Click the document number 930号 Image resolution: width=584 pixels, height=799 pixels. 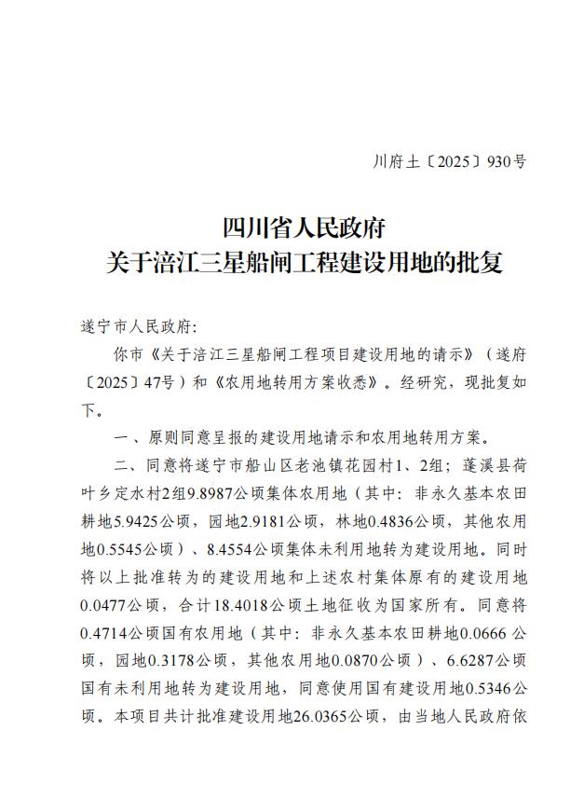(x=508, y=161)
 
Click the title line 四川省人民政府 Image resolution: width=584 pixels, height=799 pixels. (x=304, y=227)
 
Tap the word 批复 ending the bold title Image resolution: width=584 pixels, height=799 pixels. (x=480, y=262)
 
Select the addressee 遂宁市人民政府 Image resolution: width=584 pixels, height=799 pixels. (x=135, y=327)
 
